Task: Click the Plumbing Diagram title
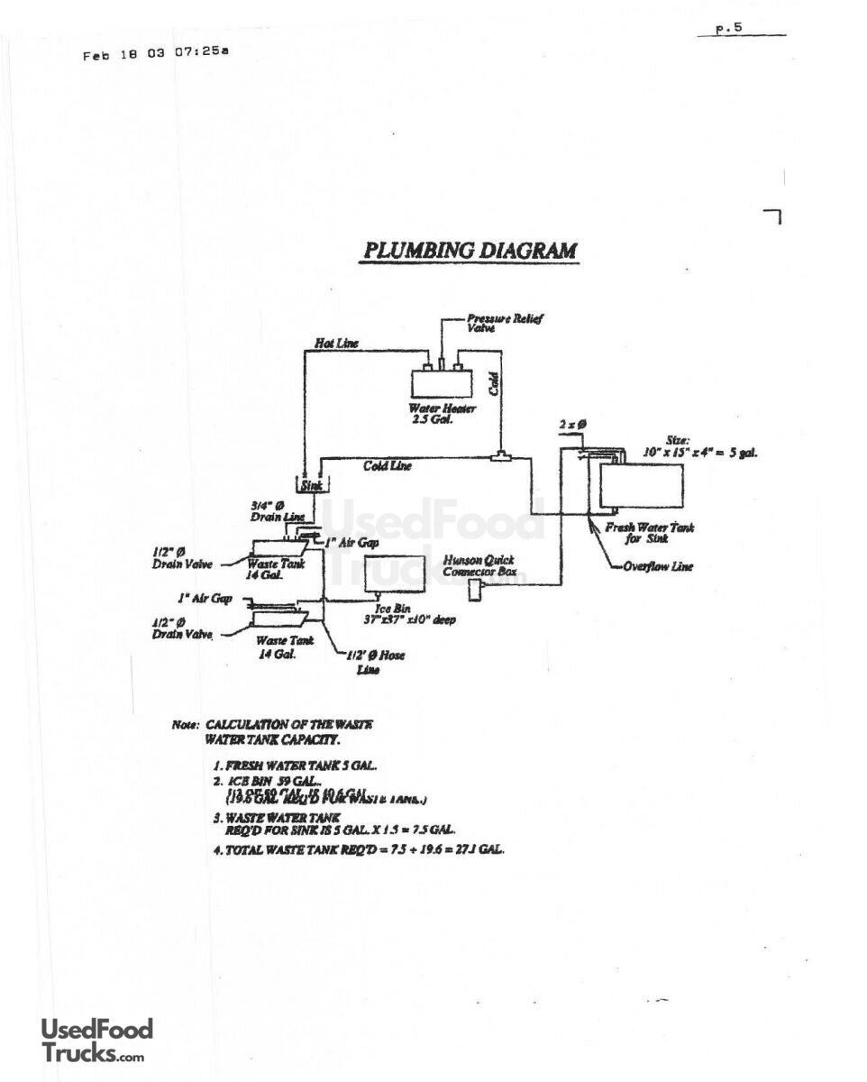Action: (x=469, y=251)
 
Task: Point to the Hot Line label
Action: (x=335, y=344)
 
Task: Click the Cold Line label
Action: (x=388, y=466)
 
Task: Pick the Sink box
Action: (x=311, y=486)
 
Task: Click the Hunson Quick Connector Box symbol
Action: (x=475, y=591)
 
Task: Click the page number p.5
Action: (x=728, y=28)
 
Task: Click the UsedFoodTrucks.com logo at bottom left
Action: (x=96, y=1041)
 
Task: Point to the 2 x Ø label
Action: (x=573, y=423)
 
